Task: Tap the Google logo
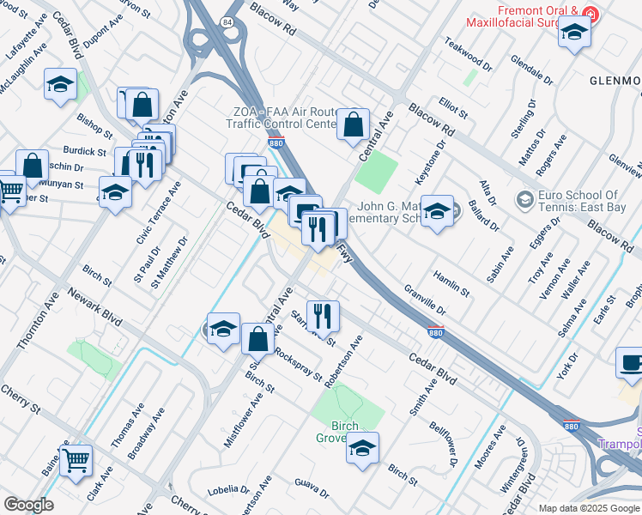28,504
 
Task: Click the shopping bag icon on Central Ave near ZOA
353,124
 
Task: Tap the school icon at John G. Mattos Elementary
438,211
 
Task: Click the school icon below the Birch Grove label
362,447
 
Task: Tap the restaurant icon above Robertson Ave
324,315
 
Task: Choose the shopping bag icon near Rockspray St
257,339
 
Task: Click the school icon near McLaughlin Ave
60,84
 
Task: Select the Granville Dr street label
424,300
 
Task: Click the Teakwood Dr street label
469,54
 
